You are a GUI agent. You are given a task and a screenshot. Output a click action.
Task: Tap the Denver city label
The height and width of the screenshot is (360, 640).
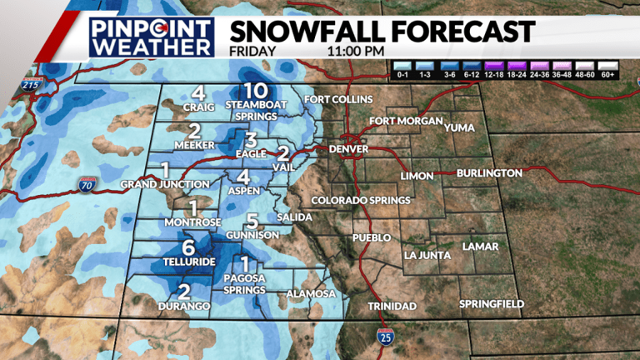coord(349,149)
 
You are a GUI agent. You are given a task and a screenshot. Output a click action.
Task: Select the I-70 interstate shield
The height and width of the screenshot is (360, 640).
coord(87,183)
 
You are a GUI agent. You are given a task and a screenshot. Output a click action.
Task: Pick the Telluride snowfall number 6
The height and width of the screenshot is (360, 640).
coord(188,247)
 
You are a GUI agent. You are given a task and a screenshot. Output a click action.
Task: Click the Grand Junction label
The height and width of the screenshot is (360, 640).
coord(165,183)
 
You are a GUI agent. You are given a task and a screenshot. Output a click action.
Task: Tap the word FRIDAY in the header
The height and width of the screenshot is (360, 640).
coord(253,51)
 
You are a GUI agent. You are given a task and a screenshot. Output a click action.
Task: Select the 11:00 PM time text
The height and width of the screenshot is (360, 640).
coord(351,51)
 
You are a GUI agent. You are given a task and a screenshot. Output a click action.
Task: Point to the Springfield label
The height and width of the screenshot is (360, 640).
coord(492,304)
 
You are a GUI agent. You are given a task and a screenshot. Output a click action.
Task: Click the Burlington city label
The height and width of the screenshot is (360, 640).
coord(489,173)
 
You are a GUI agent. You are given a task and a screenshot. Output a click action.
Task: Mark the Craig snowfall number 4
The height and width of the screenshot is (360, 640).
coord(198,93)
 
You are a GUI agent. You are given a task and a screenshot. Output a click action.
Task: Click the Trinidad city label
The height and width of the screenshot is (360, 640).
coord(392,307)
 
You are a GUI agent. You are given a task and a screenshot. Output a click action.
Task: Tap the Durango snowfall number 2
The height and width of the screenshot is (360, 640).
coord(184,292)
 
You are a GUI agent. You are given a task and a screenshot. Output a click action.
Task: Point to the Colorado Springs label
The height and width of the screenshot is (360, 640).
coord(361,201)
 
